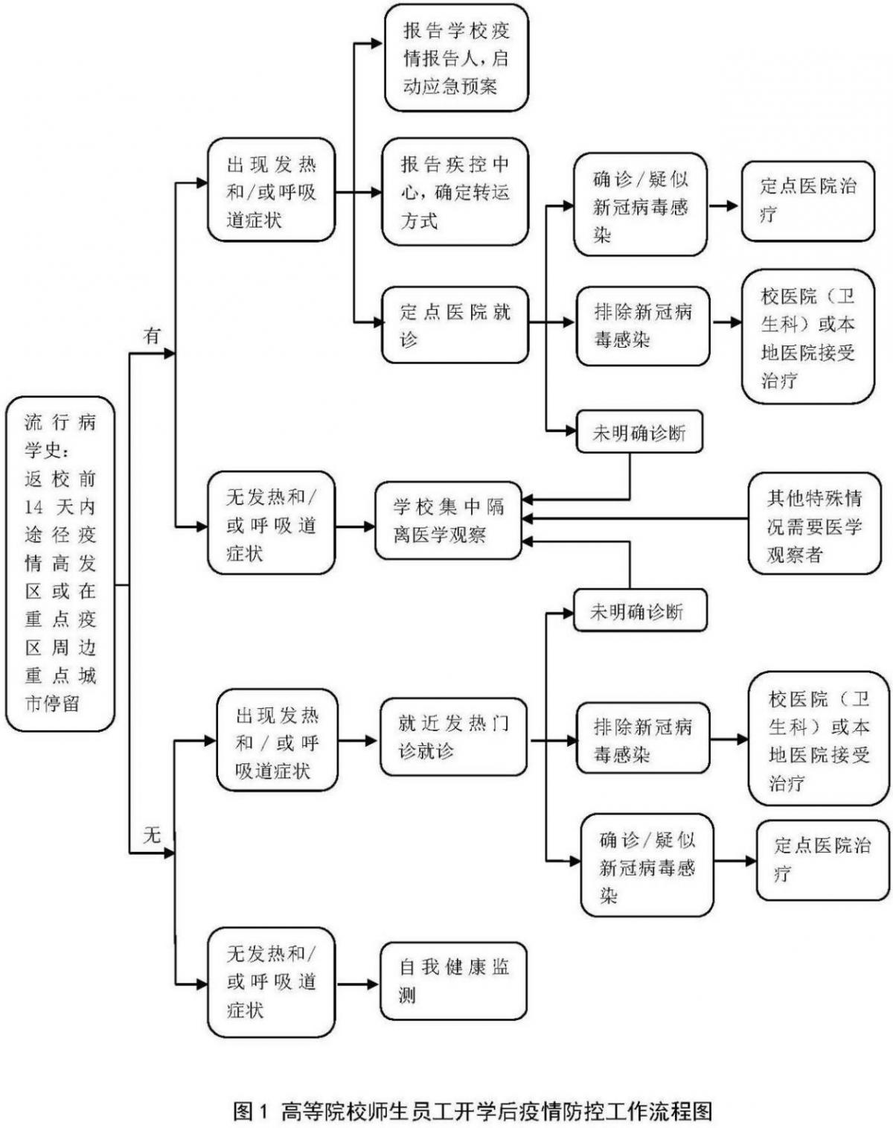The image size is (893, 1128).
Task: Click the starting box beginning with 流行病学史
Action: pyautogui.click(x=60, y=563)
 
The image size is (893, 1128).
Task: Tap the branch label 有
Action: pyautogui.click(x=152, y=336)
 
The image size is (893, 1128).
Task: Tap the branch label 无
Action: pyautogui.click(x=152, y=835)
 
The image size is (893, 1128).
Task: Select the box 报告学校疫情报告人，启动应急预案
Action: pyautogui.click(x=456, y=58)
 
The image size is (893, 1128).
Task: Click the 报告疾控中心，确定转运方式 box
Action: pyautogui.click(x=455, y=191)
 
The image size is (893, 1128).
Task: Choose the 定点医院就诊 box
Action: pyautogui.click(x=454, y=325)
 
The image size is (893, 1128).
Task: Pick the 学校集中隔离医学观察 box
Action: pyautogui.click(x=448, y=520)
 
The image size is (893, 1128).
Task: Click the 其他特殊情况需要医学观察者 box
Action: pyautogui.click(x=814, y=526)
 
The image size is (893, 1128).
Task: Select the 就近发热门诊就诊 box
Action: pyautogui.click(x=453, y=736)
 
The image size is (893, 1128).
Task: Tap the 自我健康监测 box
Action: pyautogui.click(x=453, y=981)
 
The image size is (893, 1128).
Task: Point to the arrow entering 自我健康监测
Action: pyautogui.click(x=357, y=984)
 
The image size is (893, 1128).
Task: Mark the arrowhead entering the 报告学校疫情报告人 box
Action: pyautogui.click(x=376, y=43)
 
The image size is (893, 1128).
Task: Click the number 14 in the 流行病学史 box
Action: pyautogui.click(x=34, y=507)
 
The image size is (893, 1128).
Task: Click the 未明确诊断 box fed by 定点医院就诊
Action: pyautogui.click(x=639, y=433)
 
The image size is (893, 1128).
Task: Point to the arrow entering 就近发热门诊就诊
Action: pyautogui.click(x=358, y=741)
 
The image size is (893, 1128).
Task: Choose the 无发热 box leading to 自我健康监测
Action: pyautogui.click(x=271, y=981)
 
